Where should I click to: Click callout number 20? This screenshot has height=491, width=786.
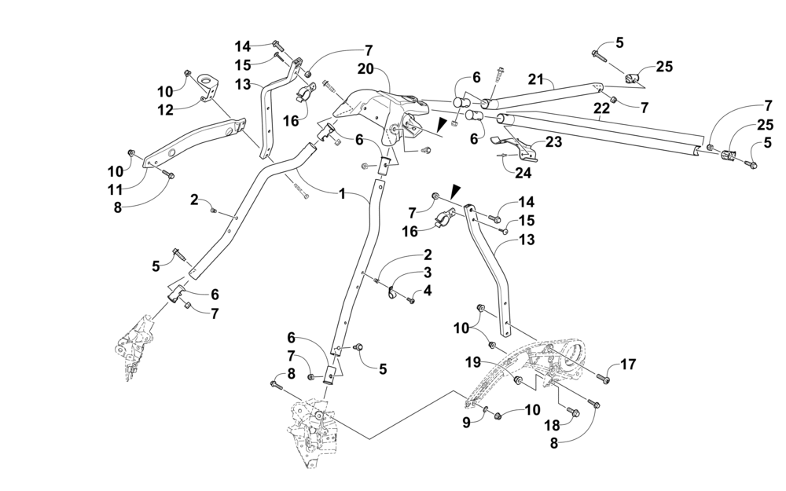tap(366, 68)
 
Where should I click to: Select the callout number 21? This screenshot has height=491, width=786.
tap(536, 79)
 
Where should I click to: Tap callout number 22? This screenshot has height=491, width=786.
tap(601, 108)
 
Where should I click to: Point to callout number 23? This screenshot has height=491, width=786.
tap(554, 141)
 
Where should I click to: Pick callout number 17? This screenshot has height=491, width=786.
tap(629, 365)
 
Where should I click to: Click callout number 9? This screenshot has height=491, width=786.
tap(466, 423)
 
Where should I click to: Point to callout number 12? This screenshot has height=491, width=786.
tap(165, 109)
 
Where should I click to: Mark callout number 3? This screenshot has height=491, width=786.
tap(427, 273)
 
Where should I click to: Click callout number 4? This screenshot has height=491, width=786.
tap(427, 291)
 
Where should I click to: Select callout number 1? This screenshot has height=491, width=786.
tap(342, 193)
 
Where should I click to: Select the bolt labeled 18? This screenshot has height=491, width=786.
tap(573, 412)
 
